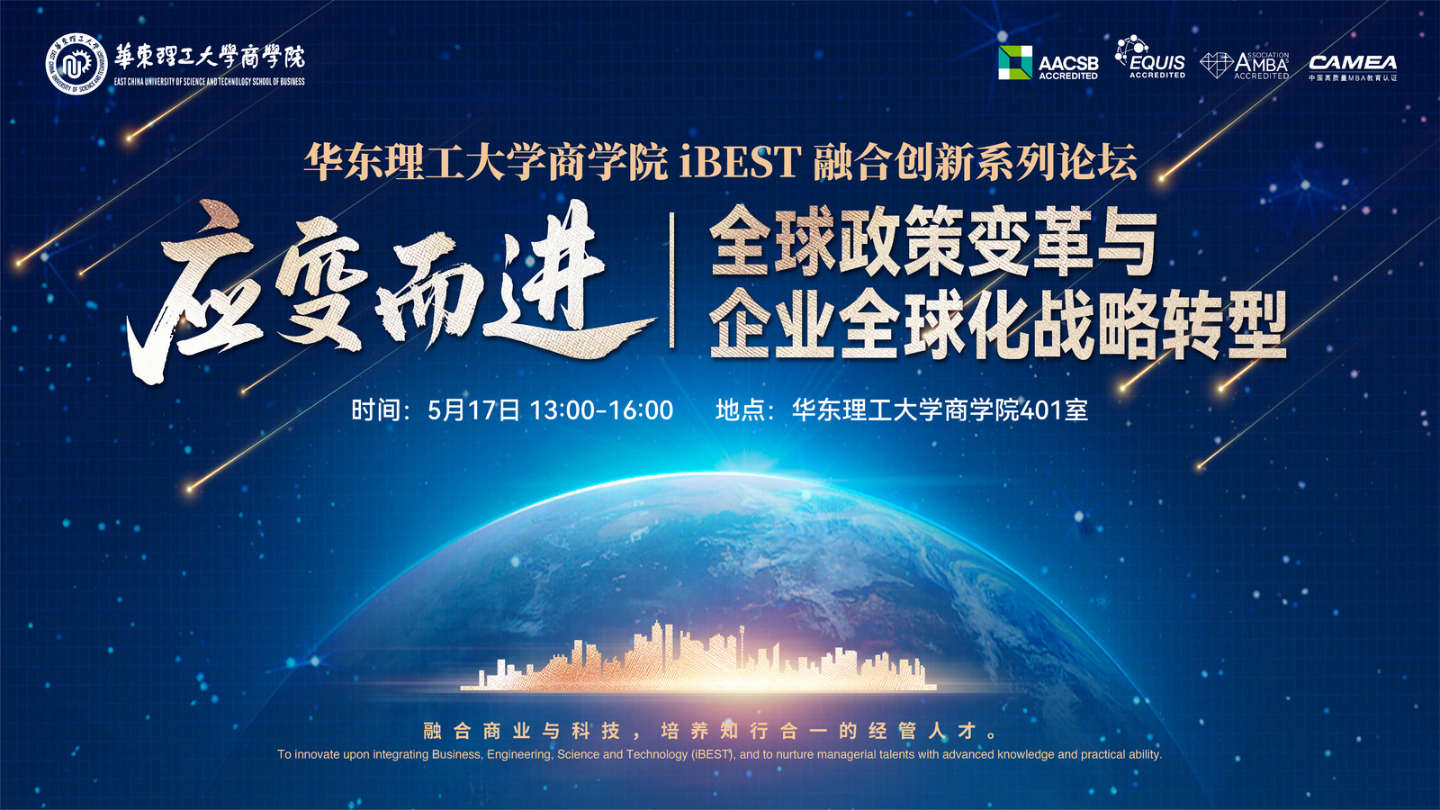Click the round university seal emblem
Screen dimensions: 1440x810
coord(76,63)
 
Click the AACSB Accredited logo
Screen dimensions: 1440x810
coord(1048,63)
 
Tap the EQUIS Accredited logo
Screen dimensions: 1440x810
coord(1151,57)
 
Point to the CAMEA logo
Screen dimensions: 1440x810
coord(1354,67)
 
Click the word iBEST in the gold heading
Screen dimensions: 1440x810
coord(740,161)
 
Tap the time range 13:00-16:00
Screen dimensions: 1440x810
coord(601,410)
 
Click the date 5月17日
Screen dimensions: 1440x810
coord(473,410)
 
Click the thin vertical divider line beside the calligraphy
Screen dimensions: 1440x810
coord(671,280)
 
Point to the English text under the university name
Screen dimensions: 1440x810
coord(210,82)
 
